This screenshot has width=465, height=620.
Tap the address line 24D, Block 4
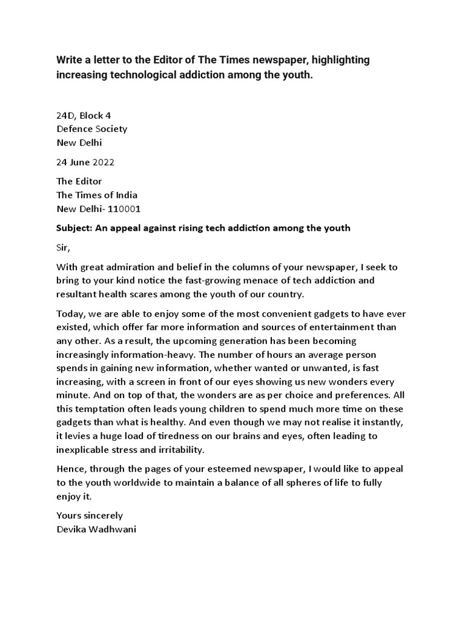point(84,115)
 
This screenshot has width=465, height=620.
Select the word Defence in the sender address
point(75,129)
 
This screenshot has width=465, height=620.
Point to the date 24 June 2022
point(85,162)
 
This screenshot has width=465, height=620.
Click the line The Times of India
point(97,195)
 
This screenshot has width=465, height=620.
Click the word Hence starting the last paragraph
point(71,469)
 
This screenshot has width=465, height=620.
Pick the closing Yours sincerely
point(90,516)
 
